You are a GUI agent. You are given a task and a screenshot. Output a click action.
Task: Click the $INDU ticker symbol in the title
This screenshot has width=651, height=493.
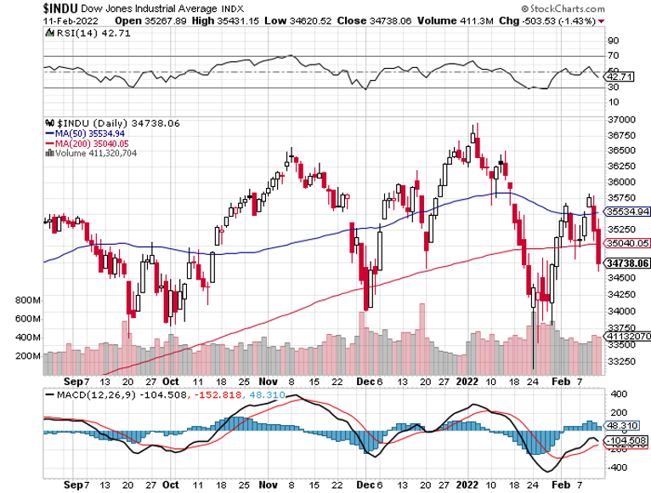(x=25, y=6)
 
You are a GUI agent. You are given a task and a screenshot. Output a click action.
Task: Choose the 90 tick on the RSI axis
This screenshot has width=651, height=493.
(x=612, y=40)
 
